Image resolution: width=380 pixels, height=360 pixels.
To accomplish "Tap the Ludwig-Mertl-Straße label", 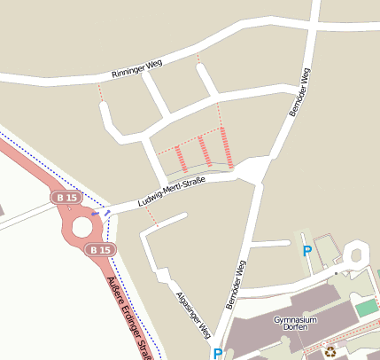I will coord(172,192).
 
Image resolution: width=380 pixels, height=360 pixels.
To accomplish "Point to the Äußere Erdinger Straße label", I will coord(127,318).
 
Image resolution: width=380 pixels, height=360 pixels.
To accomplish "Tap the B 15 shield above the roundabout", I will coord(66,197).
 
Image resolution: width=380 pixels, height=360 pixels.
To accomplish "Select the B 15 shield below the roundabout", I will coord(100,250).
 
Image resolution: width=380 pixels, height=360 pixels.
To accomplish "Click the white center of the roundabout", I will coord(82,226).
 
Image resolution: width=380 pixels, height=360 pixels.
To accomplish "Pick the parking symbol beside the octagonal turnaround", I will coord(307,251).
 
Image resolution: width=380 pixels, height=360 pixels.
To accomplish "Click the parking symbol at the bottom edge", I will coord(218,354).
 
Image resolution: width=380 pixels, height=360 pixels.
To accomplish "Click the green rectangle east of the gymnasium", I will coord(367,308).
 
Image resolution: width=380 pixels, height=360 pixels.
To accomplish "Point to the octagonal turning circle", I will coord(358,254).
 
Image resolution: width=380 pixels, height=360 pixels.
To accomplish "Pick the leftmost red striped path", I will coord(181,158).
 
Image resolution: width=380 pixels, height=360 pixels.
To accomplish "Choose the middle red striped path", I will coord(205,151).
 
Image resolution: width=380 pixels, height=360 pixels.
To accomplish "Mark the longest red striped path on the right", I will coord(227,146).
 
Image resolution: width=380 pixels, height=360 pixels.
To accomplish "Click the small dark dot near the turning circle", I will coord(345,273).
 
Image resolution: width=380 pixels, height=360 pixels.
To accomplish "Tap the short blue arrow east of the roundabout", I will coord(96,214).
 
